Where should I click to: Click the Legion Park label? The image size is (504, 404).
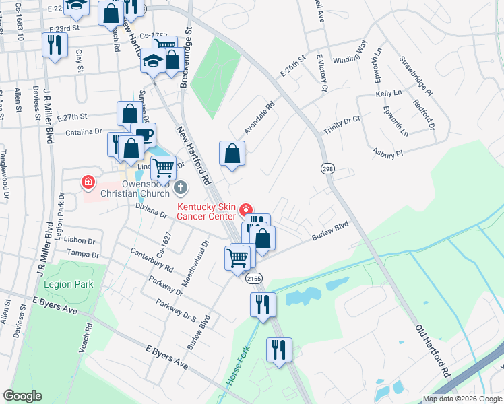[69, 285]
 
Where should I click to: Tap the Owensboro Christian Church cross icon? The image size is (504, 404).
[180, 186]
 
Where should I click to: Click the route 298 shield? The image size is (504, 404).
[327, 168]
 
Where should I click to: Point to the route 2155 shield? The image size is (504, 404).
[254, 278]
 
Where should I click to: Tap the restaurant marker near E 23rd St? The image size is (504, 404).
[54, 44]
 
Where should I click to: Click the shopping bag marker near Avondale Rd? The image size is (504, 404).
[232, 154]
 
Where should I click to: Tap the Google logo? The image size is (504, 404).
[23, 396]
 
